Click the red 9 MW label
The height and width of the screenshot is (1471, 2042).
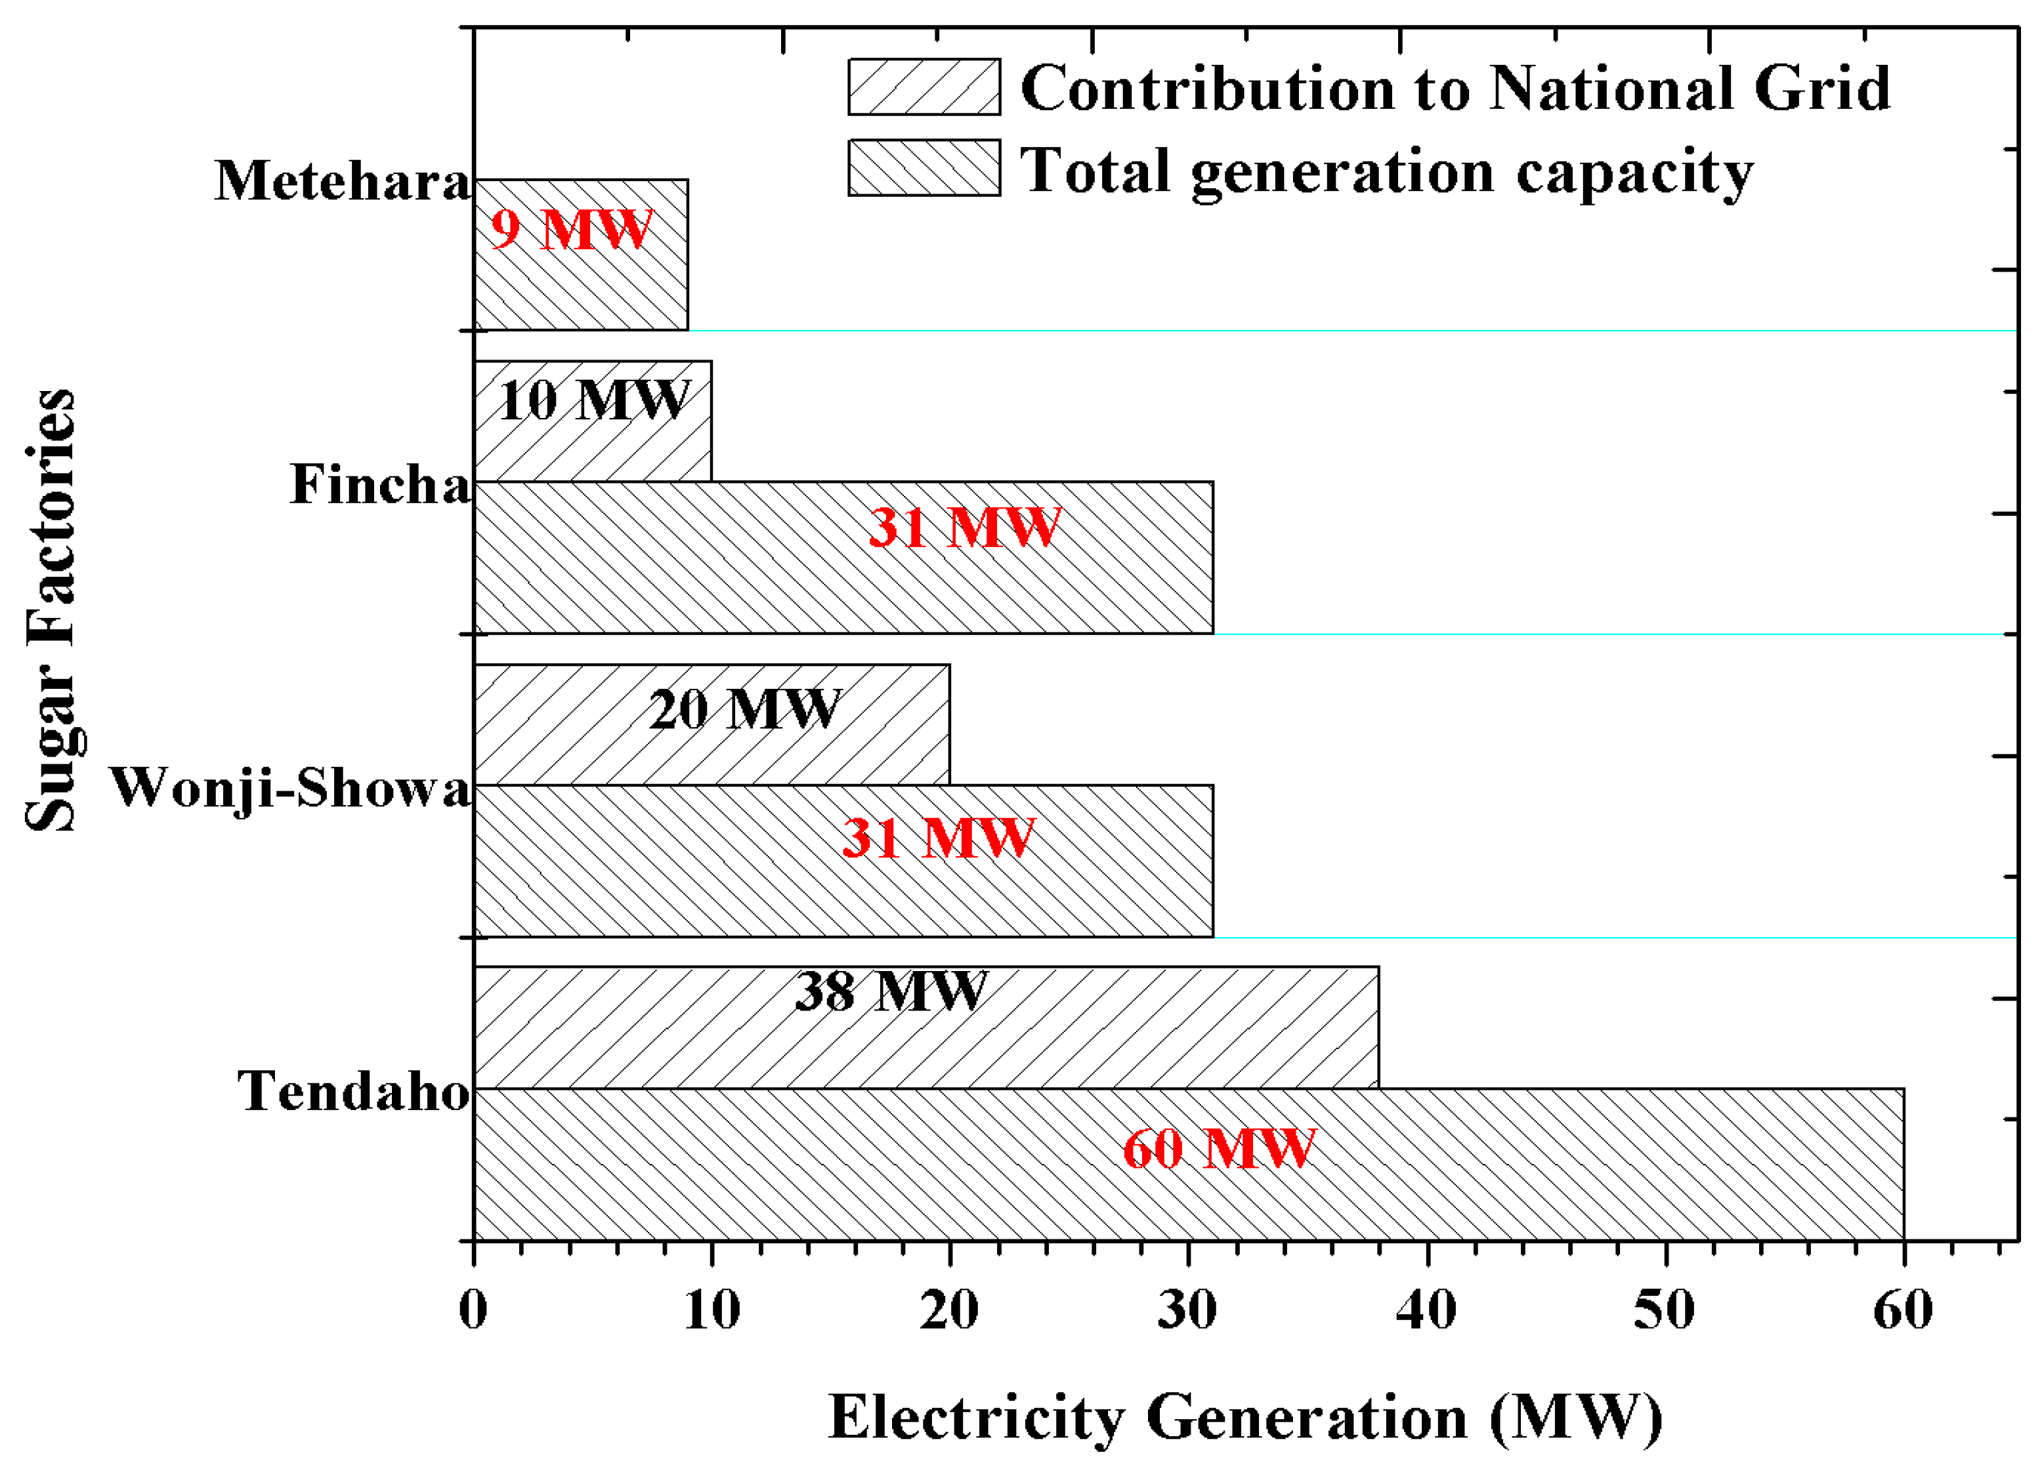[571, 230]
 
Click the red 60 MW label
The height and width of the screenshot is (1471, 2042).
[1219, 1149]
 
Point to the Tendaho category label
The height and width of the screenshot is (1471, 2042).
[353, 1091]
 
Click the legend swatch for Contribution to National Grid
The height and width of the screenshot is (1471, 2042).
[924, 87]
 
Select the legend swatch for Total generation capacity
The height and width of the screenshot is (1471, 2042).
[924, 167]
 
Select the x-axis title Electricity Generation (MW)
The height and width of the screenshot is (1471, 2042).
[1244, 1418]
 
